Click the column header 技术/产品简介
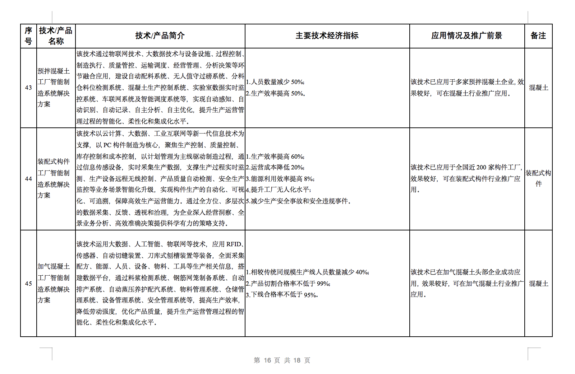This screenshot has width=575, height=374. click(160, 36)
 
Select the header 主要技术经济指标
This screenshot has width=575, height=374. click(327, 36)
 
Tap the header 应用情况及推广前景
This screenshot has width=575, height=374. click(466, 36)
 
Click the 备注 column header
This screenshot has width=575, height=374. click(538, 36)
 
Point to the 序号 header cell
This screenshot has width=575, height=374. click(28, 36)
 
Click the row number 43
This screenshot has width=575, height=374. click(28, 88)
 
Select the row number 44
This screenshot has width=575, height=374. click(28, 179)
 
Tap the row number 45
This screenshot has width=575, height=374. click(28, 284)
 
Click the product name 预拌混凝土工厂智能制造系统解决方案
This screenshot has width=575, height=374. click(54, 88)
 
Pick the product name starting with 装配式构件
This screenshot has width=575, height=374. click(54, 178)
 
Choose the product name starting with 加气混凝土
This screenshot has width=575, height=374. click(54, 283)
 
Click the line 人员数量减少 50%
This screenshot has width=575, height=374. click(275, 82)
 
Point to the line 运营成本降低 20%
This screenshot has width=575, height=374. click(275, 168)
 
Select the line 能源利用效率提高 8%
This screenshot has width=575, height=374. click(280, 179)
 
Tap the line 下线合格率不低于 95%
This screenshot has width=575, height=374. click(282, 295)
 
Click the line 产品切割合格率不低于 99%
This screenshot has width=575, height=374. click(288, 284)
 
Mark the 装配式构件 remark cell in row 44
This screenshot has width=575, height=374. click(538, 178)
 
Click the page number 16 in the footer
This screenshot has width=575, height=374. click(267, 360)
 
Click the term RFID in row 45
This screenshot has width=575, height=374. click(234, 244)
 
